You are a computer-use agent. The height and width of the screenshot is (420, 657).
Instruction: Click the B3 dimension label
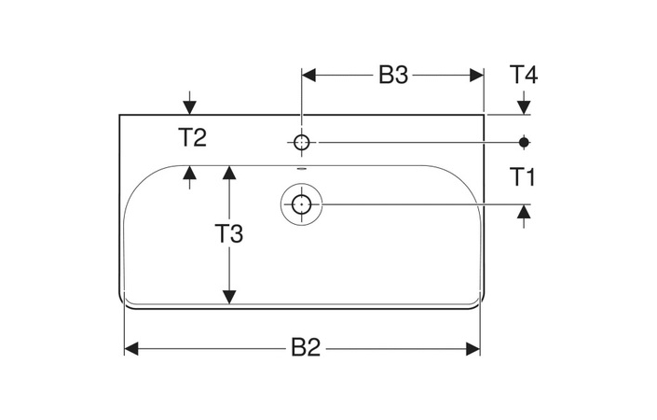tap(393, 76)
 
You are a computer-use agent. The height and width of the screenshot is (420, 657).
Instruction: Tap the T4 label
tap(524, 75)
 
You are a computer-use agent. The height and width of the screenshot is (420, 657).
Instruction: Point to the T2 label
tap(193, 138)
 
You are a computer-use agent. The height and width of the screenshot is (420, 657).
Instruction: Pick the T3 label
tap(229, 234)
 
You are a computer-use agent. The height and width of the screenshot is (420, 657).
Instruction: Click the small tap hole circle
tap(301, 142)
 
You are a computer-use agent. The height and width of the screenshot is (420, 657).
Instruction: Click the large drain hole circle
tap(301, 203)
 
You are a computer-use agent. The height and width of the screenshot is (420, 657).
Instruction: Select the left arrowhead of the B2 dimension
tap(131, 348)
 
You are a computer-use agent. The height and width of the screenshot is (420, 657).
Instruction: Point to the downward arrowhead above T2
tap(190, 108)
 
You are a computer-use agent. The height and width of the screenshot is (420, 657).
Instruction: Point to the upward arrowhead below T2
tap(190, 172)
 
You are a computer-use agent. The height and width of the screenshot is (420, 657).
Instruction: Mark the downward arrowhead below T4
tap(524, 108)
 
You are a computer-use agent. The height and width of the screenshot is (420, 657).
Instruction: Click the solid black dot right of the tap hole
tap(524, 142)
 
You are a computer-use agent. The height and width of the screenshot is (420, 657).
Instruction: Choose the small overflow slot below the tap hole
tap(301, 169)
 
